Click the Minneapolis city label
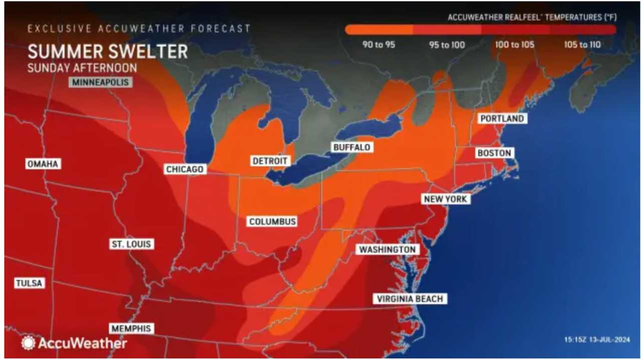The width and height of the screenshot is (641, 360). click(100, 82)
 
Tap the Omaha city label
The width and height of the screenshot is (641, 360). click(43, 164)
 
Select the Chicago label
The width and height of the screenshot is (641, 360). click(185, 169)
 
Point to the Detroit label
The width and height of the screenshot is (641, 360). click(270, 161)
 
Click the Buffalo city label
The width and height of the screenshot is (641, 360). click(352, 147)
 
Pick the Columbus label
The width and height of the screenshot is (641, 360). click(273, 221)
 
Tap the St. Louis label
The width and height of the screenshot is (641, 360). click(132, 244)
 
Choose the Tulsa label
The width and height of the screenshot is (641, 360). click(29, 283)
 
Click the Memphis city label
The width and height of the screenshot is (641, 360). click(132, 328)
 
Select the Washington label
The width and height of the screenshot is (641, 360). click(387, 249)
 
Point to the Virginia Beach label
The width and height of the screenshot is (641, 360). click(410, 299)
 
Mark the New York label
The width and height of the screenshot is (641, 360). click(445, 199)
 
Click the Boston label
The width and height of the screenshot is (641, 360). click(494, 153)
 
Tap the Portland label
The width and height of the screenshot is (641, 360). click(502, 119)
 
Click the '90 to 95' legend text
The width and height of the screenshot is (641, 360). click(379, 45)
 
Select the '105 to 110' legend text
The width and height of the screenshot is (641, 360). click(582, 45)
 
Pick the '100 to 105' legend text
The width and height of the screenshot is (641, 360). click(514, 45)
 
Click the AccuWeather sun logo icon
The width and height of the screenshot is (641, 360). click(28, 343)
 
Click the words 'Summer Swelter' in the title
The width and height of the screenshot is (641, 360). click(108, 51)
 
